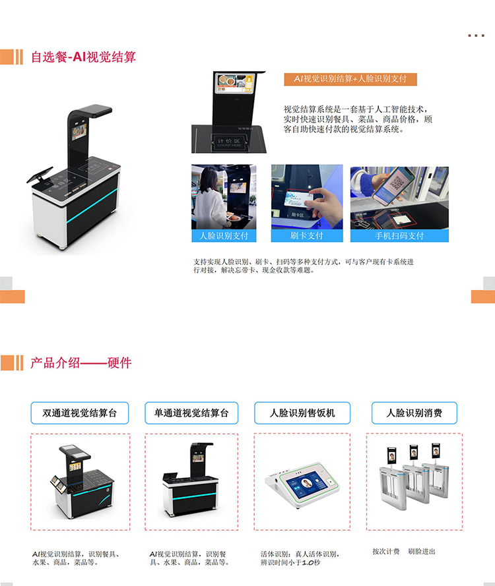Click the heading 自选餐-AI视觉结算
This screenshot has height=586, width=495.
tap(83, 57)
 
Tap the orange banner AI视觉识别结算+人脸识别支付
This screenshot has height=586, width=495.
tap(350, 79)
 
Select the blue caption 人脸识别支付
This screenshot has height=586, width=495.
tap(224, 236)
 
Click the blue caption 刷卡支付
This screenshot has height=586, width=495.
tap(307, 236)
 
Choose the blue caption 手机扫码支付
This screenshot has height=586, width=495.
tap(399, 236)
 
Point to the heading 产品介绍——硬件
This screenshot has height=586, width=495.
tap(81, 363)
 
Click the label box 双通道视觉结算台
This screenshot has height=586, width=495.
tap(80, 413)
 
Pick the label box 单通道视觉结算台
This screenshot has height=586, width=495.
tap(191, 413)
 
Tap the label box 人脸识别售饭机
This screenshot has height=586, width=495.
tap(302, 413)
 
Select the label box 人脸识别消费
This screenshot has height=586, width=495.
tap(414, 413)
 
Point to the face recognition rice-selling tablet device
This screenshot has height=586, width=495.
tap(302, 484)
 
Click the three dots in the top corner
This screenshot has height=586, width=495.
tap(476, 36)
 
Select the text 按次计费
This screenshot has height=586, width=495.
tap(385, 551)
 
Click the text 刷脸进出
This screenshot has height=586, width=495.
tap(421, 551)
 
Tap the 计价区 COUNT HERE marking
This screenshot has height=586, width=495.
tap(230, 142)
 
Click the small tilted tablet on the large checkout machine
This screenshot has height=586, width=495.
tap(40, 175)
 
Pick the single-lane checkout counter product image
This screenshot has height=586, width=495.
tap(191, 481)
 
